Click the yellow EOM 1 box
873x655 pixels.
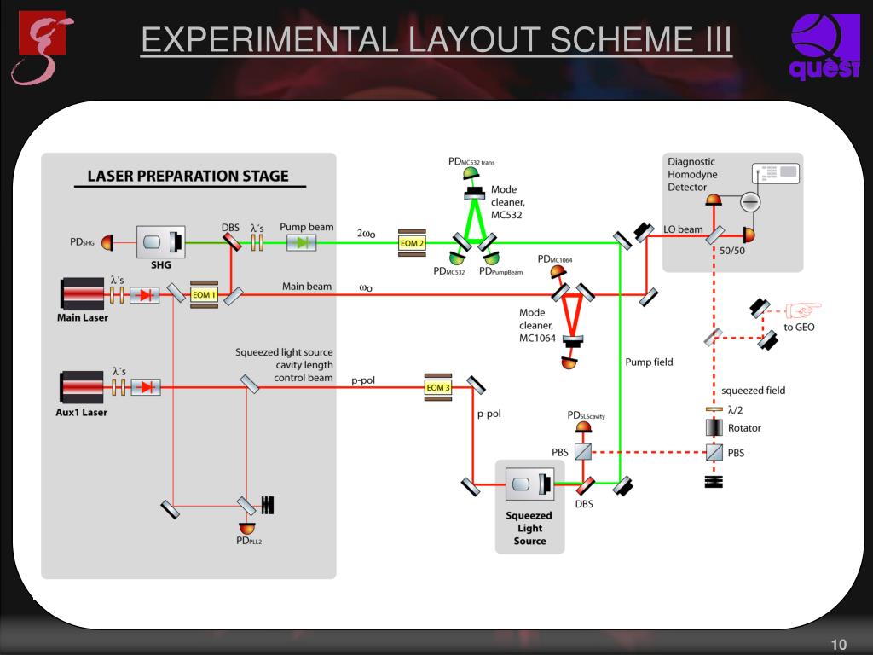click(205, 294)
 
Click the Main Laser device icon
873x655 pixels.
click(82, 294)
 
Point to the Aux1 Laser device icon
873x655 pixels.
click(82, 386)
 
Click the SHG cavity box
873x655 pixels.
click(161, 243)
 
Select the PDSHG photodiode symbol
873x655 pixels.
click(107, 244)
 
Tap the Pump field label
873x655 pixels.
click(649, 362)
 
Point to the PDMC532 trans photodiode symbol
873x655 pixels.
click(471, 175)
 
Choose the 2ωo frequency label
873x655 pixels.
click(367, 232)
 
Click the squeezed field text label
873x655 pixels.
click(753, 391)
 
